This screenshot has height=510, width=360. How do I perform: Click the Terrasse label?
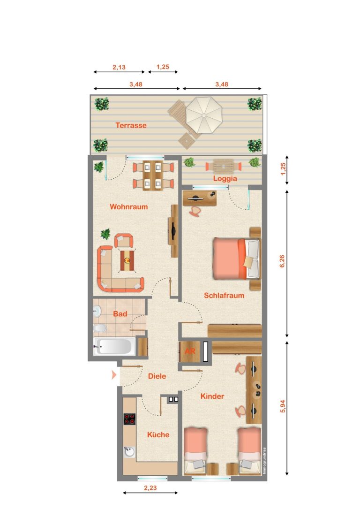(x=131, y=125)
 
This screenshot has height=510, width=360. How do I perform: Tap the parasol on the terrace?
(x=204, y=115)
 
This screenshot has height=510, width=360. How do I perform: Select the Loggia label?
(x=225, y=179)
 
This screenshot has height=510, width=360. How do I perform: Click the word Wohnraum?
(x=128, y=206)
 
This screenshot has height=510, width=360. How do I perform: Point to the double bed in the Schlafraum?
(x=237, y=259)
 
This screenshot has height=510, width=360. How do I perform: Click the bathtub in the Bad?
(x=114, y=347)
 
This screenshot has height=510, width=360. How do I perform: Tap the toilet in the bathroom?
(x=100, y=329)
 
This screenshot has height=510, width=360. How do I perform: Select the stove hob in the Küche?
(x=129, y=419)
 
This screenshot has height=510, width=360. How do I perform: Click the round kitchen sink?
(x=129, y=452)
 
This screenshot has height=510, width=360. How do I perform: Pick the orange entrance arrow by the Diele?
(x=114, y=375)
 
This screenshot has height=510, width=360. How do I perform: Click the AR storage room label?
(x=190, y=351)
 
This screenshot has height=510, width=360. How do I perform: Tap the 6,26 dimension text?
(x=282, y=261)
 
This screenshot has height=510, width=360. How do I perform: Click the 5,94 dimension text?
(x=282, y=406)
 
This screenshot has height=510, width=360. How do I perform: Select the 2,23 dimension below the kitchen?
(x=150, y=487)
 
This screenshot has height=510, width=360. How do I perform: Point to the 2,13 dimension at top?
(x=119, y=68)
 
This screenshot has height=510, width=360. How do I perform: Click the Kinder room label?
(x=212, y=396)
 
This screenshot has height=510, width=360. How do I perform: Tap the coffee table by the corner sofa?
(x=127, y=260)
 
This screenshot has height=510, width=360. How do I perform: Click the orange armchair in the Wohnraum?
(x=123, y=240)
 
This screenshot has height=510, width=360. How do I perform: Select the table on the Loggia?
(x=224, y=167)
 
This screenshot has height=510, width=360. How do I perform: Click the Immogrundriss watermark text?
(x=264, y=460)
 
